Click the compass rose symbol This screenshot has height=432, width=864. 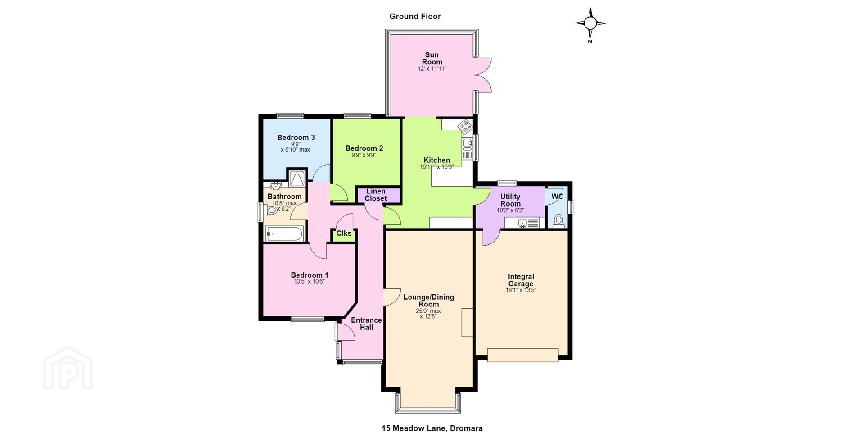click(590, 23)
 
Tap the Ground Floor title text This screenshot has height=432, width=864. click(415, 17)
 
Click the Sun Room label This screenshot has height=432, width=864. click(432, 58)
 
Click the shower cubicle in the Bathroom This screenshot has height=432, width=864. click(297, 178)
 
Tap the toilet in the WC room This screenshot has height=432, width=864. click(558, 221)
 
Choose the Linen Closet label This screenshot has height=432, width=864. click(376, 195)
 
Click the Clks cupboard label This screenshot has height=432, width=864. click(344, 233)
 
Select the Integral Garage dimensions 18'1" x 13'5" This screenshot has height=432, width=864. click(521, 290)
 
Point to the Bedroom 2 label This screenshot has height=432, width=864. click(364, 148)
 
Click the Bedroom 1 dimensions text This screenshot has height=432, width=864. click(310, 282)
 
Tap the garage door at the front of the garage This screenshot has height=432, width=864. click(523, 355)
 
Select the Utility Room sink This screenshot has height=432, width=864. click(522, 223)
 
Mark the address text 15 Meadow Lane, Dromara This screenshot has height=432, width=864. click(432, 428)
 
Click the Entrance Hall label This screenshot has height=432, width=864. click(366, 324)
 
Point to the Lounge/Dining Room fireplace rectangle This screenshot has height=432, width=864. click(468, 322)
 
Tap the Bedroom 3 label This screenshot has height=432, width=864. click(296, 138)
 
